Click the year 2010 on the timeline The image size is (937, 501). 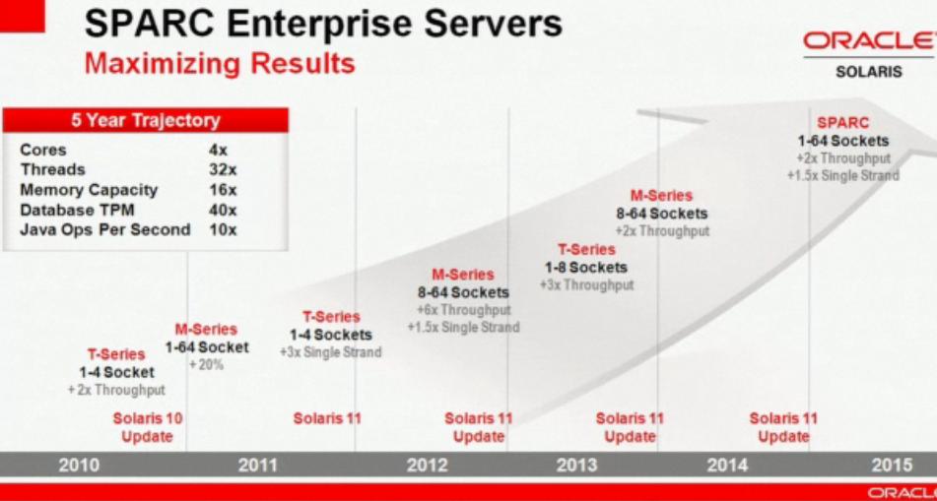coord(79,466)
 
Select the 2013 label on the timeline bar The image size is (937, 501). coord(576,466)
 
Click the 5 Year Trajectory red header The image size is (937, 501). coord(146,121)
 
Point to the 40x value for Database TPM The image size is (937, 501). coord(224,211)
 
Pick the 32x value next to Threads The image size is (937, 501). coord(224,169)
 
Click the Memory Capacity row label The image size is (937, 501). coord(89,191)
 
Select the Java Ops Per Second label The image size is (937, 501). coord(105,230)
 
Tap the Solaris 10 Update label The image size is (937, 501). coord(148,427)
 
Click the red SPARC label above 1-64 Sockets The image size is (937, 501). coord(842,123)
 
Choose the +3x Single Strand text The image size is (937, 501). coord(330,352)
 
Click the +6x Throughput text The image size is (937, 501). coord(464,310)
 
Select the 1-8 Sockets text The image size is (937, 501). coord(585,267)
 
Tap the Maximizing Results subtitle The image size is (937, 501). coord(220,63)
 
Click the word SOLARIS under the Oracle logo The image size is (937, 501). coord(869,72)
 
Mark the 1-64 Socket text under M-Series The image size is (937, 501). coord(207,346)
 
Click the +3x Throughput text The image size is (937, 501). coord(586,284)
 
